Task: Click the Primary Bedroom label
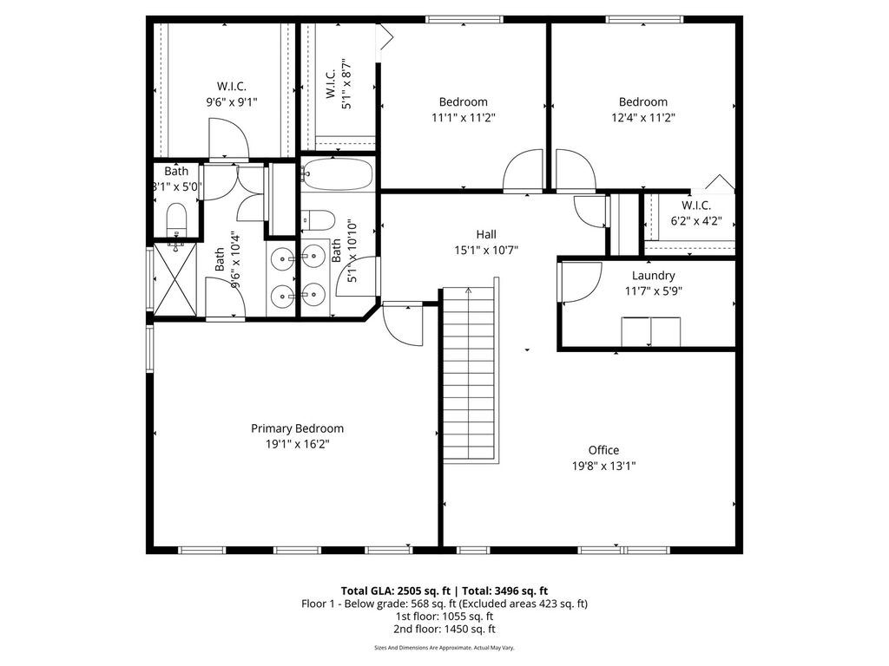(297, 428)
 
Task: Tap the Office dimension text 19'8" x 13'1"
(604, 466)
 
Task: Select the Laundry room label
(653, 276)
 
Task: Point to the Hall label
(486, 234)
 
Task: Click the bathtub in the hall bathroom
(337, 173)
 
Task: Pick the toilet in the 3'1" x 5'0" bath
(176, 219)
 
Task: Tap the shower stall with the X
(175, 278)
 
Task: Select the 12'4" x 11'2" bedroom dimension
(643, 118)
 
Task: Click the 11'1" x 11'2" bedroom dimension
(464, 118)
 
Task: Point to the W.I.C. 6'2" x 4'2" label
(696, 213)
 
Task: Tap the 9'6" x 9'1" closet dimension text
(231, 102)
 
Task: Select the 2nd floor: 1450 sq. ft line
(444, 629)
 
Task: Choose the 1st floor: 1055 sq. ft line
(444, 617)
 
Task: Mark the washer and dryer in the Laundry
(651, 331)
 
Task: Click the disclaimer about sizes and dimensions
(444, 647)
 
